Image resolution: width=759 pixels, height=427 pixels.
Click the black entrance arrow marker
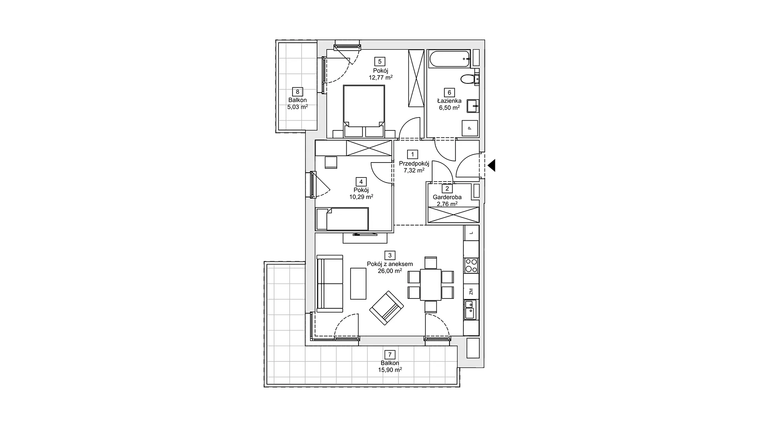(491, 165)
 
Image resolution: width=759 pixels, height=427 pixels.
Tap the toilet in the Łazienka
(471, 79)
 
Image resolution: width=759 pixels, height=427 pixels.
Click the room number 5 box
(380, 61)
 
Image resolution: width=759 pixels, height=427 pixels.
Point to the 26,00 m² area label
(390, 271)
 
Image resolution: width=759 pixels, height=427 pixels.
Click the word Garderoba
(447, 197)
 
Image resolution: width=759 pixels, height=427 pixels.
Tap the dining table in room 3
(430, 285)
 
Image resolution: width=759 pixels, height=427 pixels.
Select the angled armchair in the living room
(387, 308)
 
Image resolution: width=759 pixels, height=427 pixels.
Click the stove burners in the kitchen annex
(471, 265)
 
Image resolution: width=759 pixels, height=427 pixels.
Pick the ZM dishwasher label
(471, 292)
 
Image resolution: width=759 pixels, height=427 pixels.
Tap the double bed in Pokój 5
(364, 111)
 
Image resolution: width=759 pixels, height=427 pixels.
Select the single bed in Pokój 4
(342, 219)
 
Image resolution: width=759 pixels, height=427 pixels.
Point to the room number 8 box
(298, 92)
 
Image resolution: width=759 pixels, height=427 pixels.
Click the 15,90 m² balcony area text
(390, 370)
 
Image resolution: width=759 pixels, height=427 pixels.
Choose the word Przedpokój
(414, 163)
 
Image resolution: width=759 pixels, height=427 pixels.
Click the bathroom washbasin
(473, 106)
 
